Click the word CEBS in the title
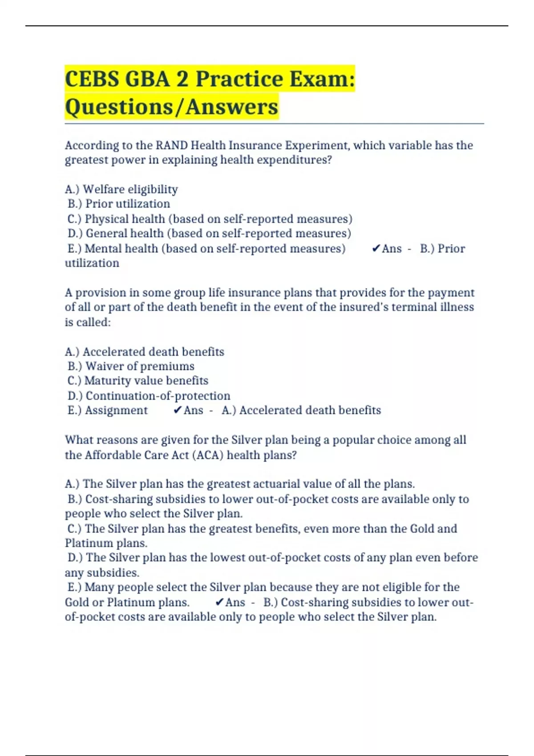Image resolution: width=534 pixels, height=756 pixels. [x=92, y=79]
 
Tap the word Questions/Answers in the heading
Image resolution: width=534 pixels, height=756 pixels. [x=171, y=107]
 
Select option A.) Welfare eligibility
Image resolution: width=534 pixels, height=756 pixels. [x=121, y=189]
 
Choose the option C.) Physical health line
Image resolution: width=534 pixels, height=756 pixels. [x=210, y=219]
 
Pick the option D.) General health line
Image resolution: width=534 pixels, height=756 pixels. [x=209, y=233]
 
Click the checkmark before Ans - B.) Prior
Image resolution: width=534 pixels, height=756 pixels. [x=376, y=249]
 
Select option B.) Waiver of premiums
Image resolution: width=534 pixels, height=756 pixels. [x=131, y=366]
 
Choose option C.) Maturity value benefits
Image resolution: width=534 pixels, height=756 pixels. [x=138, y=381]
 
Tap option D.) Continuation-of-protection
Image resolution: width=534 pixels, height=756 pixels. [x=149, y=396]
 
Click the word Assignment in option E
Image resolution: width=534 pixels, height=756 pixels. [x=116, y=410]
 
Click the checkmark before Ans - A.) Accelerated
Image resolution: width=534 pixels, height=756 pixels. [x=178, y=410]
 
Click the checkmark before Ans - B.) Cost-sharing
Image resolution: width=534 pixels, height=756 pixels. [x=219, y=603]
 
